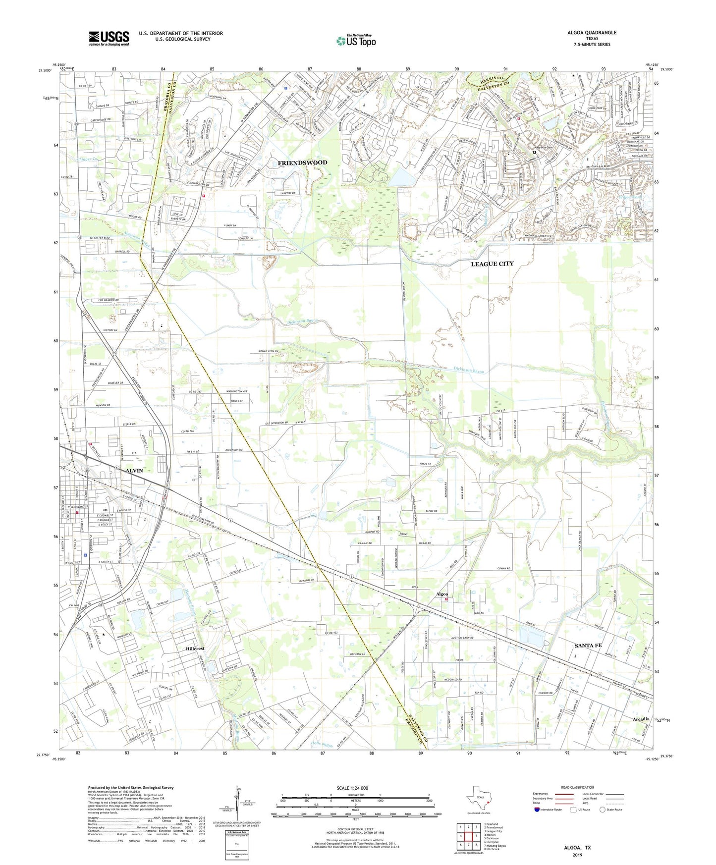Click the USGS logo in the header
click(109, 38)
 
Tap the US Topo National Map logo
click(355, 40)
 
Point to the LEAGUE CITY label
click(492, 264)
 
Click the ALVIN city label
click(134, 470)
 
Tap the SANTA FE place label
click(588, 646)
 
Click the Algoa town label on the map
click(441, 594)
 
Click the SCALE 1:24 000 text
click(352, 788)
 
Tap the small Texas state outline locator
click(478, 799)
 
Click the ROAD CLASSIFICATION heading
click(577, 787)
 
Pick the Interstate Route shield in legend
click(537, 810)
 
